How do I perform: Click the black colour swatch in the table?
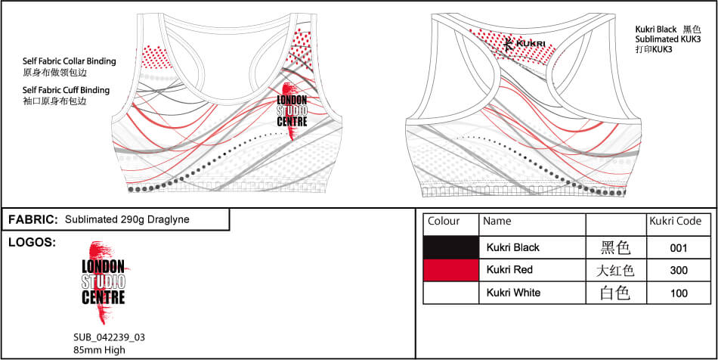(451, 247)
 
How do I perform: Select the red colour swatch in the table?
(451, 270)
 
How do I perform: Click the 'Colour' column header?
(444, 222)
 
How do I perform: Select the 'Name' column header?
(497, 222)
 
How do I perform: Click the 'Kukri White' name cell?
(514, 293)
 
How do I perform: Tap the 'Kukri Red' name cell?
(511, 270)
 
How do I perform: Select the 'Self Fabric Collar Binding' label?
(70, 61)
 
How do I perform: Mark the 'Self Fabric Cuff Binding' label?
(67, 90)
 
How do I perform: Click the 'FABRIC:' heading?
(33, 219)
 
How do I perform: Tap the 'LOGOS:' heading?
(32, 243)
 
